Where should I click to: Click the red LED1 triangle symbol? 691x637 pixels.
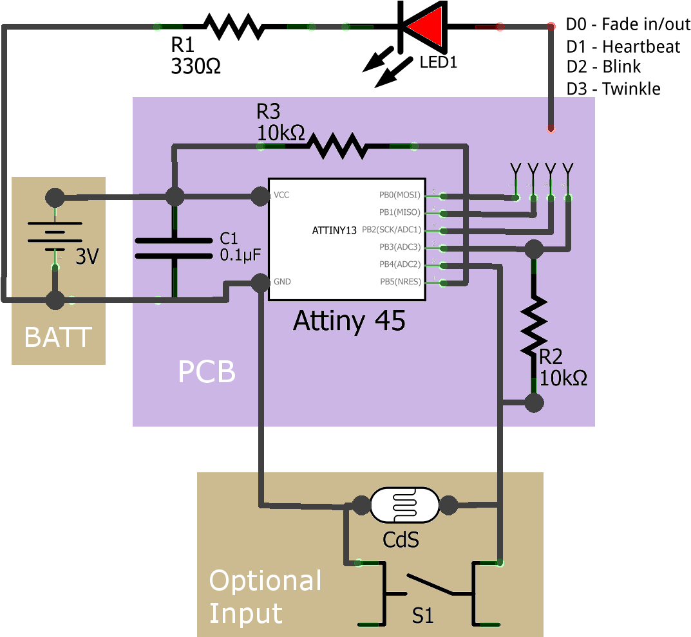[426, 26]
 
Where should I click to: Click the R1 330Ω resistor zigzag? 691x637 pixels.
[233, 26]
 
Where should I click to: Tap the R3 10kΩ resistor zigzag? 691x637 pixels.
[337, 146]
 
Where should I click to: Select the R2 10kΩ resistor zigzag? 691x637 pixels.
[534, 325]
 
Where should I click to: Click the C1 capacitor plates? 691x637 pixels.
[174, 248]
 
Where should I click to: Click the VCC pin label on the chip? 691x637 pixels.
[281, 195]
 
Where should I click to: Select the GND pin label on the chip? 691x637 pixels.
[282, 282]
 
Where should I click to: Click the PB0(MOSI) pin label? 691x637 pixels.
[399, 195]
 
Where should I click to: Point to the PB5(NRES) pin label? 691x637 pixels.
[399, 282]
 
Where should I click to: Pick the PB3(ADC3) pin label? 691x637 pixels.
[399, 247]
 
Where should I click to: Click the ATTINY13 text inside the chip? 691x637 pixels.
[334, 230]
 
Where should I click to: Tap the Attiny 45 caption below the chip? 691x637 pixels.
[349, 320]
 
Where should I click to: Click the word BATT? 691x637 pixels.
[58, 337]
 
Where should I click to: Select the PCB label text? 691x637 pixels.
[206, 372]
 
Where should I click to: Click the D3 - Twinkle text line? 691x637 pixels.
[614, 89]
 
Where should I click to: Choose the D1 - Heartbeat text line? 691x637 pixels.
[623, 46]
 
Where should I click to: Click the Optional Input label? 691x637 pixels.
[265, 596]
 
